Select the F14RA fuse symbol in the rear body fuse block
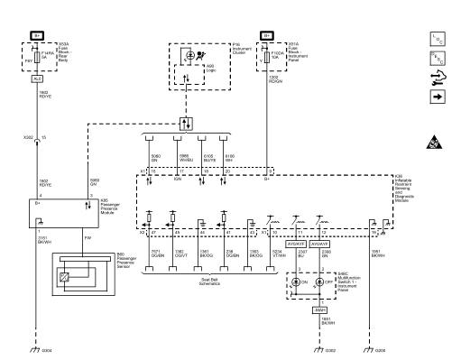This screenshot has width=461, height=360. (39, 61)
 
